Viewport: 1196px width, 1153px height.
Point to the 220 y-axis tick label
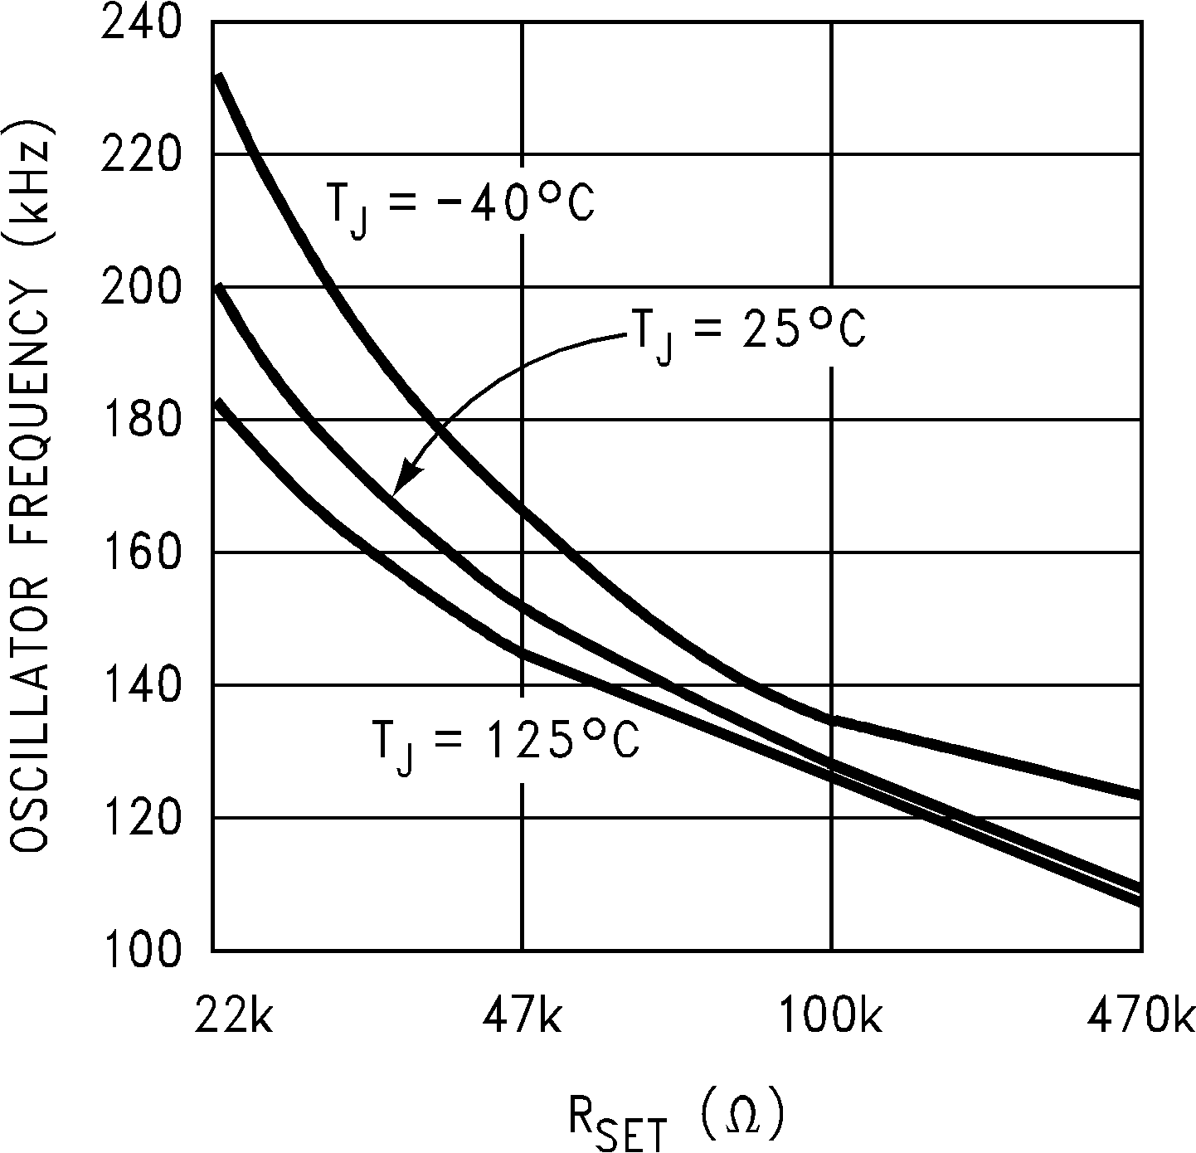click(140, 154)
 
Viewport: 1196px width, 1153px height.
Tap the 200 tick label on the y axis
click(140, 287)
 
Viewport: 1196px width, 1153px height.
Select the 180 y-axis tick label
click(140, 420)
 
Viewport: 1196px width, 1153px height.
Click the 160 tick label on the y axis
click(140, 552)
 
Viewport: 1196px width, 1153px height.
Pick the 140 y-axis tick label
click(140, 685)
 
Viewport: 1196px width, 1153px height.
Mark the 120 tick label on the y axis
click(140, 818)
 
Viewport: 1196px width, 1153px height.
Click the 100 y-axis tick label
click(140, 950)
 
